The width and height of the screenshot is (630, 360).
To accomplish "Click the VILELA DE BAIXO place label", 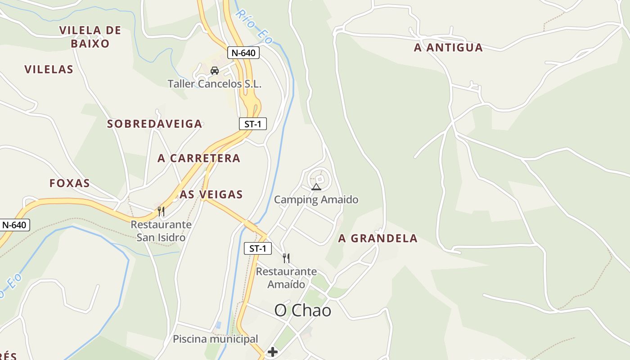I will (x=90, y=37).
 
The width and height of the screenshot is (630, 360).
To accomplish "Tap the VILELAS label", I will (x=49, y=69).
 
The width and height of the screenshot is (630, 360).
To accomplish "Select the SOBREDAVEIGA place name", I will (x=154, y=124).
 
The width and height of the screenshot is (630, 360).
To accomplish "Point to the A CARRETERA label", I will (x=199, y=158).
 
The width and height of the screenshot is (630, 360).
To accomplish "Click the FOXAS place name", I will (x=70, y=183).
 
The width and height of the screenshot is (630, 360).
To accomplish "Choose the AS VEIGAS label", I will (x=211, y=194).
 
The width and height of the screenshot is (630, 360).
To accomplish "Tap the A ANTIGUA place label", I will (x=448, y=48).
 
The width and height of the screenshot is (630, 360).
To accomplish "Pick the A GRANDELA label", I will (x=378, y=238).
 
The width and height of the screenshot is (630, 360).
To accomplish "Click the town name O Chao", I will (x=303, y=310).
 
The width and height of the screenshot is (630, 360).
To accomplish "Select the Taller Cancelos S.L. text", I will (x=215, y=84).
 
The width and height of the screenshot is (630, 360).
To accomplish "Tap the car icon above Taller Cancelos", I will (x=215, y=70).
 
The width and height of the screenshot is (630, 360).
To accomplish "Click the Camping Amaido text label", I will (x=316, y=199).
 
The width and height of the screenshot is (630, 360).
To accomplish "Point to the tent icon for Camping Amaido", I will (x=316, y=187).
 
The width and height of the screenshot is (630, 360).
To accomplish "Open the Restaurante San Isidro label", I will (x=161, y=231).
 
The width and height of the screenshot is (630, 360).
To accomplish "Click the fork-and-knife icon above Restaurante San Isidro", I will (x=161, y=211).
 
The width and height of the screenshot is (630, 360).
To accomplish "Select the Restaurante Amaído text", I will (x=286, y=278).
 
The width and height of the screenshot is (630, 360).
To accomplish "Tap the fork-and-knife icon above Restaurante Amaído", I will (x=286, y=258).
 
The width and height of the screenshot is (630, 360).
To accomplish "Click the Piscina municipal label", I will (x=216, y=339).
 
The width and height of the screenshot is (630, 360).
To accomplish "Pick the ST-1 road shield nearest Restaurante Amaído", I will (x=258, y=248).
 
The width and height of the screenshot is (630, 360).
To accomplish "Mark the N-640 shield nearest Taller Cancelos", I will (x=243, y=53).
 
